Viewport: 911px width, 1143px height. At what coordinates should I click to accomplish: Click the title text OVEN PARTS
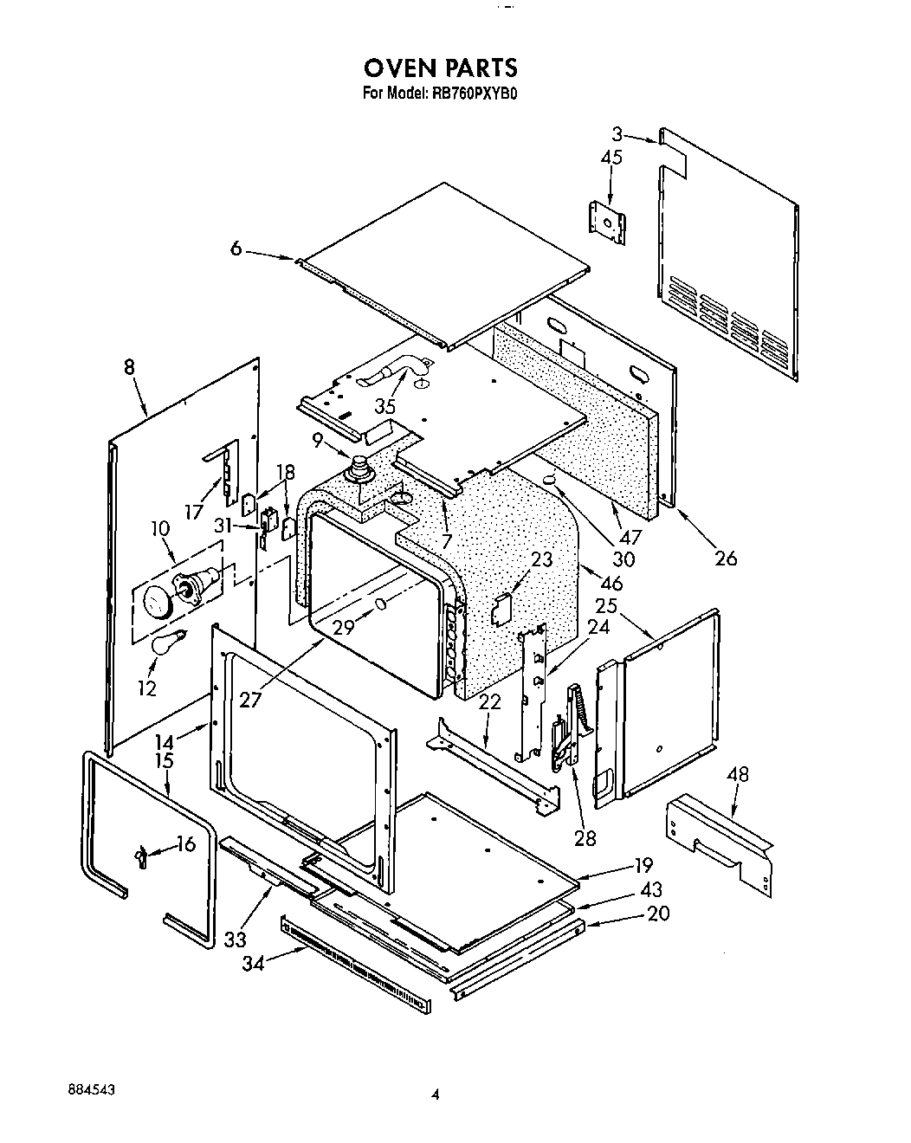[439, 68]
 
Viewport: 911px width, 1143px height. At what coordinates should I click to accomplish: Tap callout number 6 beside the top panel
[236, 249]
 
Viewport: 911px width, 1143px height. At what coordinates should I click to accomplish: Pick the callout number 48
[738, 773]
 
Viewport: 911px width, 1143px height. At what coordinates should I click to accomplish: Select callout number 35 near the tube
[384, 405]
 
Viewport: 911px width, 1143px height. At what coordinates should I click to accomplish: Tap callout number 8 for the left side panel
[129, 367]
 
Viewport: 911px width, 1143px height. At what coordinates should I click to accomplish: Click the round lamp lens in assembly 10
[157, 602]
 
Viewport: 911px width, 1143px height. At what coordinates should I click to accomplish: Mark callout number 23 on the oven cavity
[541, 560]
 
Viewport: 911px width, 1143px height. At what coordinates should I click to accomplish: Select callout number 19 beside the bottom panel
[643, 865]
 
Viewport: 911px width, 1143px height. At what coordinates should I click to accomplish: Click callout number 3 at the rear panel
[617, 134]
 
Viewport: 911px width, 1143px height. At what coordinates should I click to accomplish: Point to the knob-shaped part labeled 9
[358, 469]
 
